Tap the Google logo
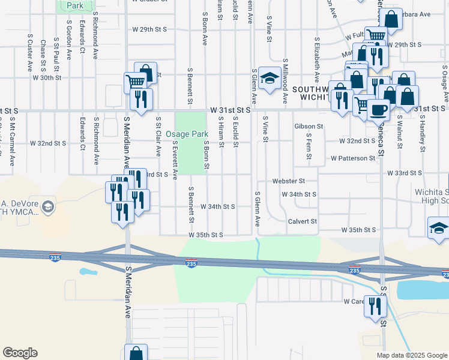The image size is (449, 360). (x=20, y=353)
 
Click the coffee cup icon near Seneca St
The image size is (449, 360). (x=378, y=109)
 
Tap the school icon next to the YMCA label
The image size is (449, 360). (x=47, y=207)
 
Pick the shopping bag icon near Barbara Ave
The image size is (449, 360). (x=392, y=19)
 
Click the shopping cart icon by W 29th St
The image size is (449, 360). (x=376, y=35)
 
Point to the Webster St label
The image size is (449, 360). (x=289, y=181)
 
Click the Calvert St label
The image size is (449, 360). (x=301, y=221)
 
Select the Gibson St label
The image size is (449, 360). (x=309, y=127)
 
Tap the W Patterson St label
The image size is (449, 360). (x=353, y=158)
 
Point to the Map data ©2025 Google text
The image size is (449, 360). (x=412, y=355)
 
